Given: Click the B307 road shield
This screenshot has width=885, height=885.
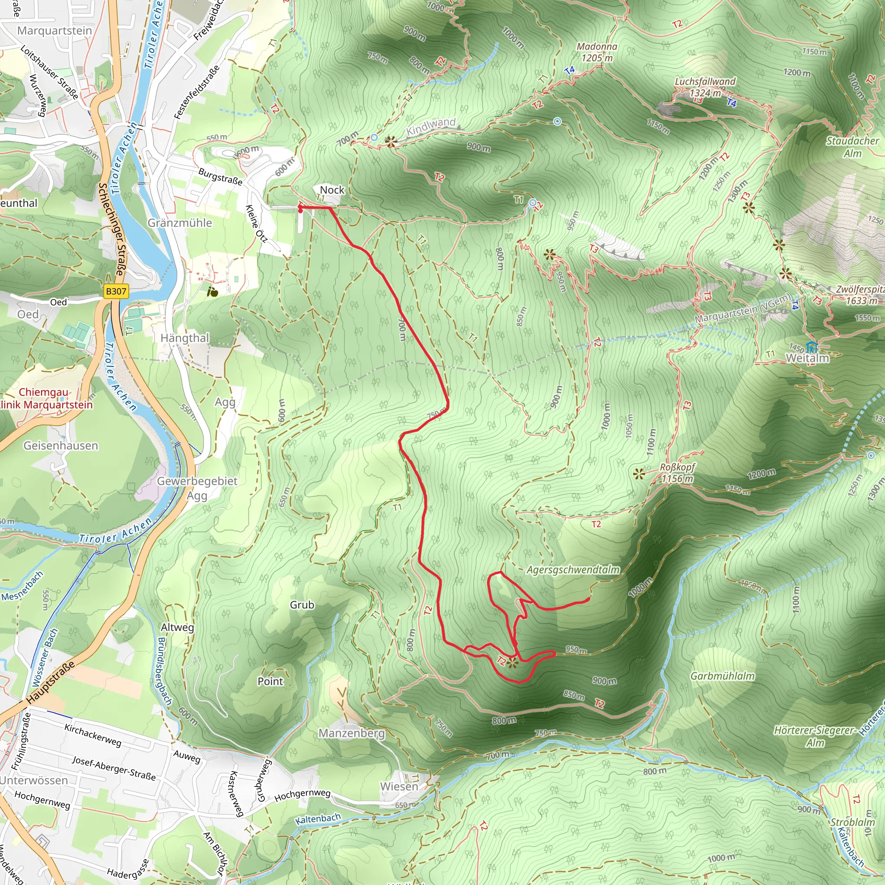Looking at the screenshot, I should point(115,291).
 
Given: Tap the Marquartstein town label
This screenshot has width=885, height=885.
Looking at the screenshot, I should point(54,31).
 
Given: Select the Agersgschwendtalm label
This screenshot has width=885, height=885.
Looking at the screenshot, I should point(573,570).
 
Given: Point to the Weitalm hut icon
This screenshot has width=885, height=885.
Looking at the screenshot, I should point(812,347).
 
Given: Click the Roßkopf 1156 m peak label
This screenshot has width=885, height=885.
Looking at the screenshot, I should point(677,473).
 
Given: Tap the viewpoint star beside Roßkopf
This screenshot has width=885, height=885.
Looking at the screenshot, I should point(639,474).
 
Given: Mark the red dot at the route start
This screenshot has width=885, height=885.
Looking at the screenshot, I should point(300,211).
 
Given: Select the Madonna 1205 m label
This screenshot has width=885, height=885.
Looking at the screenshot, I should point(596,52).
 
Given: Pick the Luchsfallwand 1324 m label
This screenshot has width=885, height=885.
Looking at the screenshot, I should point(705,86).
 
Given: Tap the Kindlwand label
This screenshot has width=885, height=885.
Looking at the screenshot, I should point(431,127).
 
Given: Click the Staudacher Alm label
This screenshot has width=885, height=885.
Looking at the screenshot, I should point(852,146).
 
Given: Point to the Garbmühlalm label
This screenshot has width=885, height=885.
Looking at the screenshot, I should point(723,676).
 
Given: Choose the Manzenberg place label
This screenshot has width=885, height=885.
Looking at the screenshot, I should point(351,733).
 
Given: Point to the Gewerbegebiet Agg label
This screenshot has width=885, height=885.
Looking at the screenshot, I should point(197,488).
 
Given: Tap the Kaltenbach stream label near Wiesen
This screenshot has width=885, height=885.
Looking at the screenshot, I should point(318,818).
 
